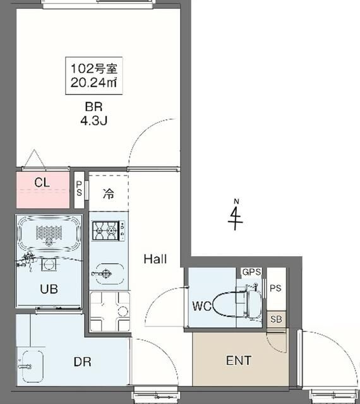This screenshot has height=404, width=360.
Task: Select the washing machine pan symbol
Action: [x=109, y=312]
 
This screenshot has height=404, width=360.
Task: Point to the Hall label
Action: [x=155, y=258]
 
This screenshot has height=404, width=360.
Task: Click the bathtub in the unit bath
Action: [x=47, y=234]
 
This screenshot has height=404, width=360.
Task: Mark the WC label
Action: [x=201, y=307]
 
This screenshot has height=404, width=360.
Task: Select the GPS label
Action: [x=251, y=272]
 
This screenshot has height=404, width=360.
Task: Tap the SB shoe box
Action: [x=276, y=319]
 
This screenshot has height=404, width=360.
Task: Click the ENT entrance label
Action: [x=239, y=361]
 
